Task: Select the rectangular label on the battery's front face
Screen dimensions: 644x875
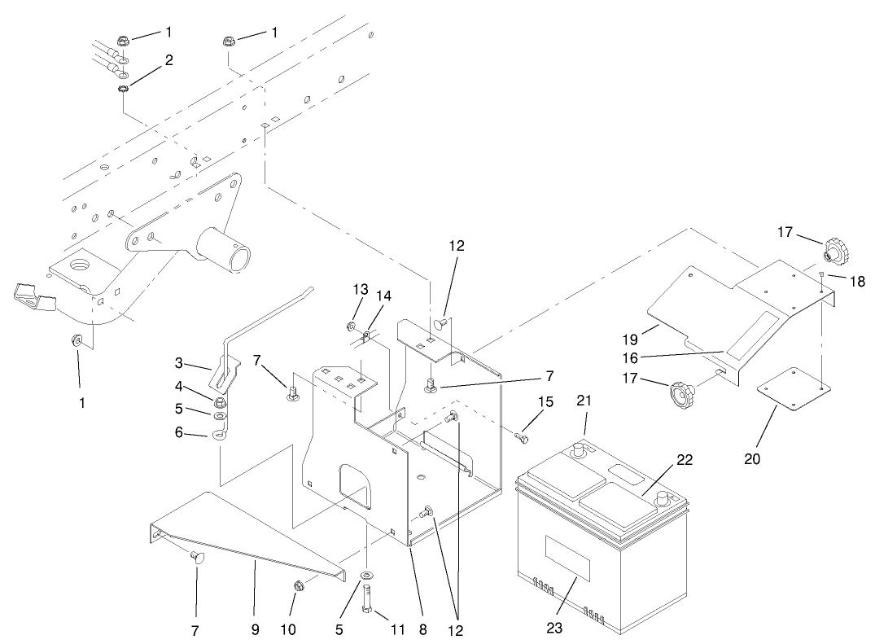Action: pos(567,558)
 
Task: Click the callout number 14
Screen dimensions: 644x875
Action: pos(383,296)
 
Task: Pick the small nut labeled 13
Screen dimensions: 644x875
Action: pos(349,327)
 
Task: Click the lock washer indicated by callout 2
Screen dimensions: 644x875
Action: pos(122,89)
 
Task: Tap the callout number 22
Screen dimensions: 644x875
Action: pos(685,460)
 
